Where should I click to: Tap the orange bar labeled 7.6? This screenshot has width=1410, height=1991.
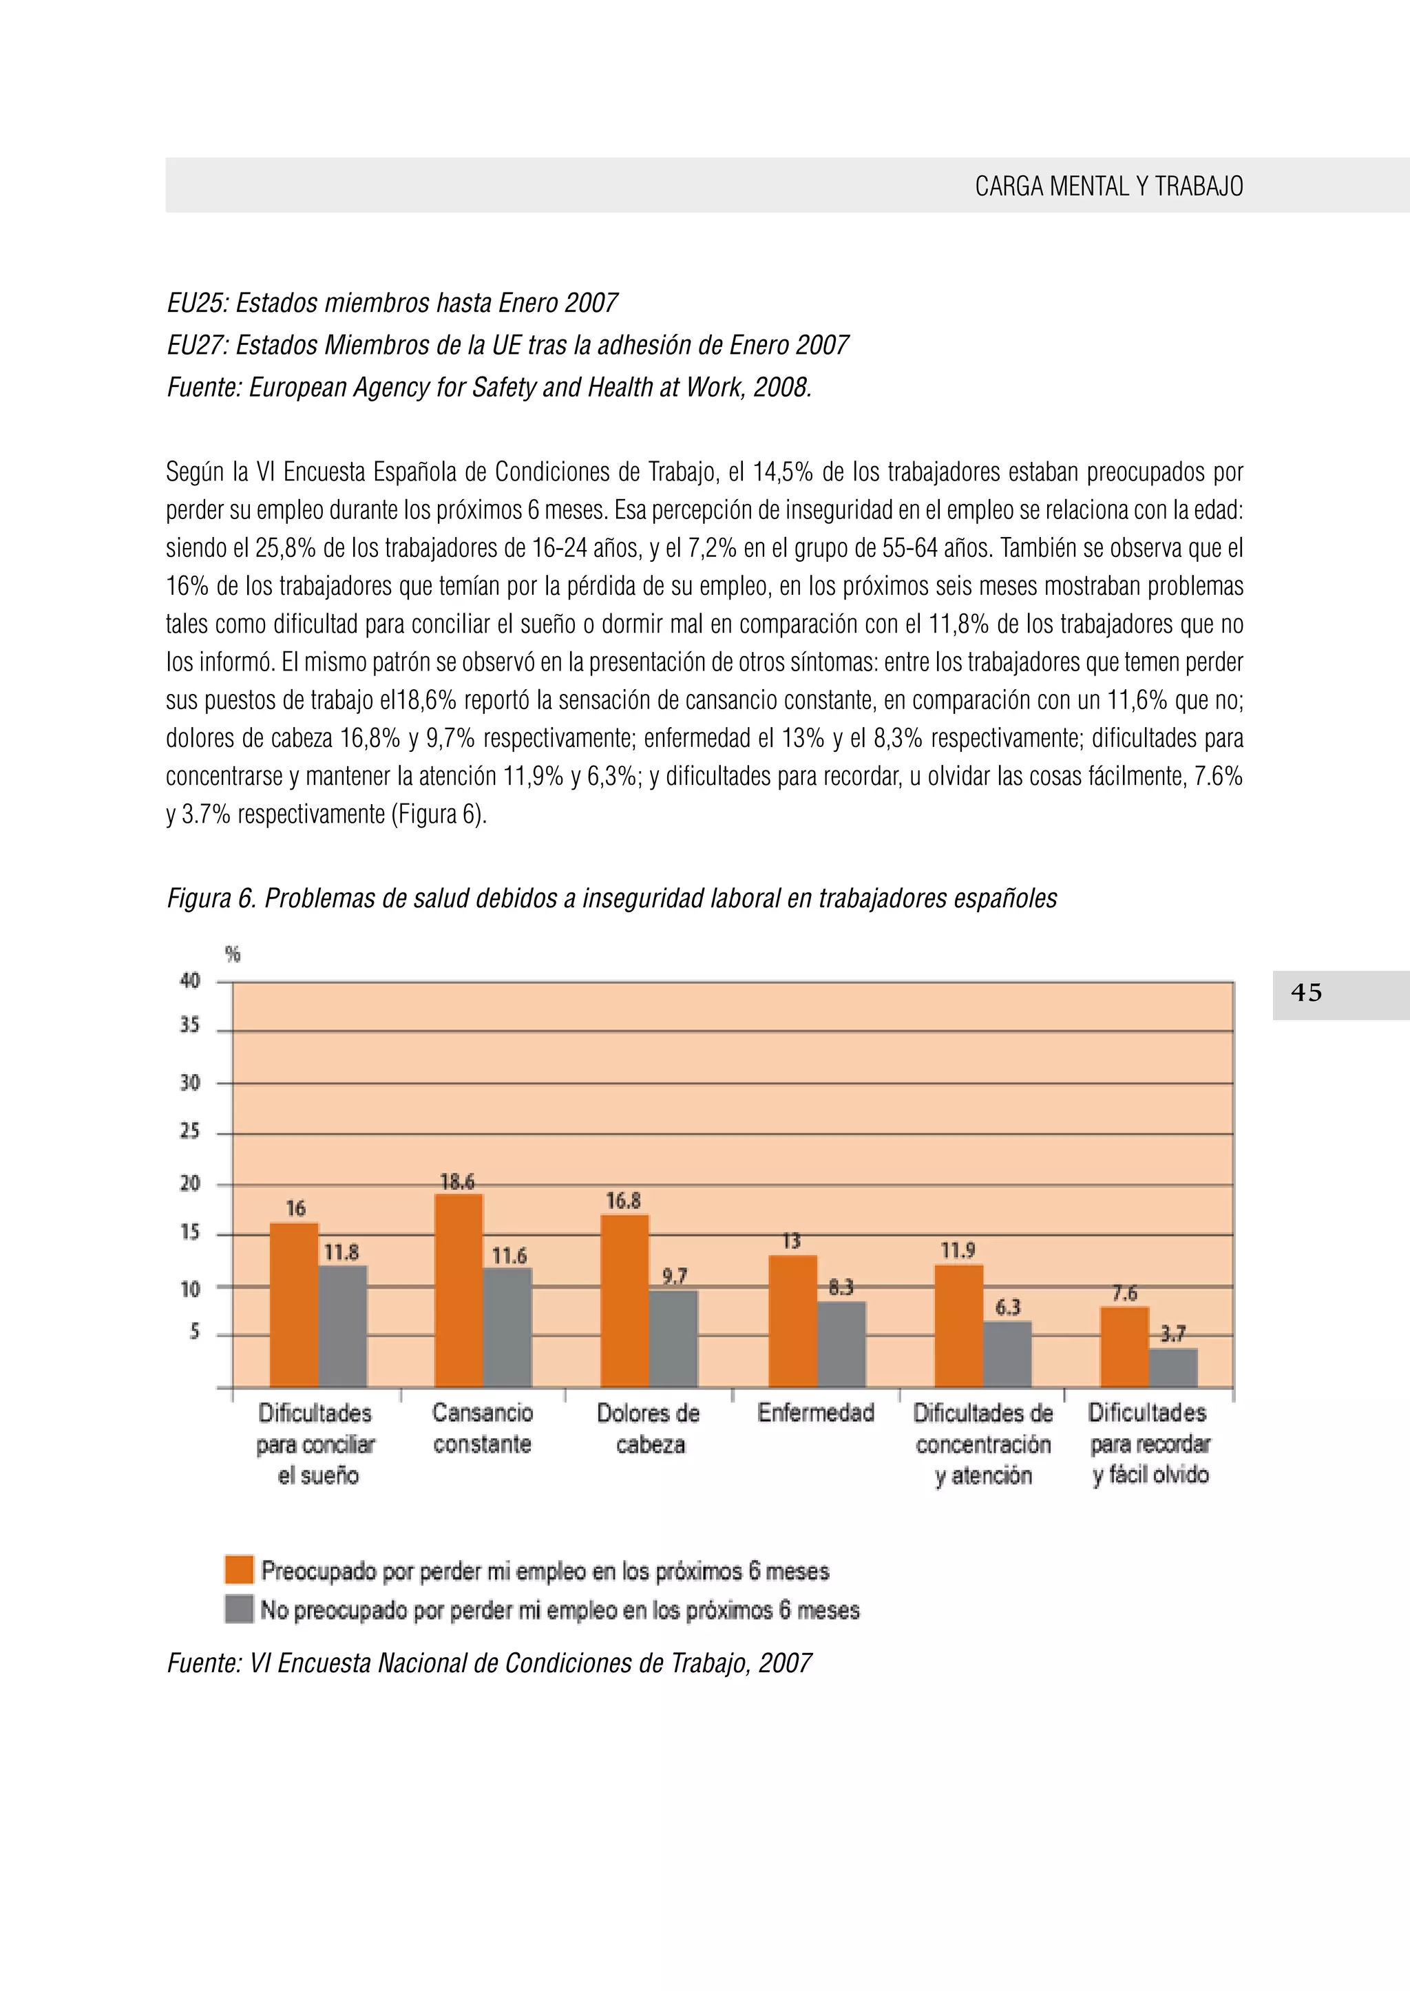(x=1124, y=1347)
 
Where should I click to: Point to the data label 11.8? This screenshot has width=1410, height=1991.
(x=341, y=1252)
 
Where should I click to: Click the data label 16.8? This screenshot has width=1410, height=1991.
(x=622, y=1201)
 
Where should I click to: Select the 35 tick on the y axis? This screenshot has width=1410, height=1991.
(x=189, y=1026)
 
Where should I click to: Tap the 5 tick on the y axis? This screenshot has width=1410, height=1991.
(x=193, y=1331)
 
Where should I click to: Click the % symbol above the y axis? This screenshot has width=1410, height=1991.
(x=232, y=954)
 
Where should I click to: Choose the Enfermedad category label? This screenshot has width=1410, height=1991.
(x=815, y=1413)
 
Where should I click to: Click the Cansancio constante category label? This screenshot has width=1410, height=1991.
(x=482, y=1429)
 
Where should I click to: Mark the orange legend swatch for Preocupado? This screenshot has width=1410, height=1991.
(x=239, y=1569)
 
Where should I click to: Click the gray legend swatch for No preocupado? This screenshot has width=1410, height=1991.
(x=239, y=1608)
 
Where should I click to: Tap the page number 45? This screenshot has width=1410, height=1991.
(x=1306, y=993)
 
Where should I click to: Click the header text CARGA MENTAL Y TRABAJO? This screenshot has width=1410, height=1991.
(x=1108, y=186)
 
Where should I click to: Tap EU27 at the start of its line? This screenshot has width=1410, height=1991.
(x=196, y=346)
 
